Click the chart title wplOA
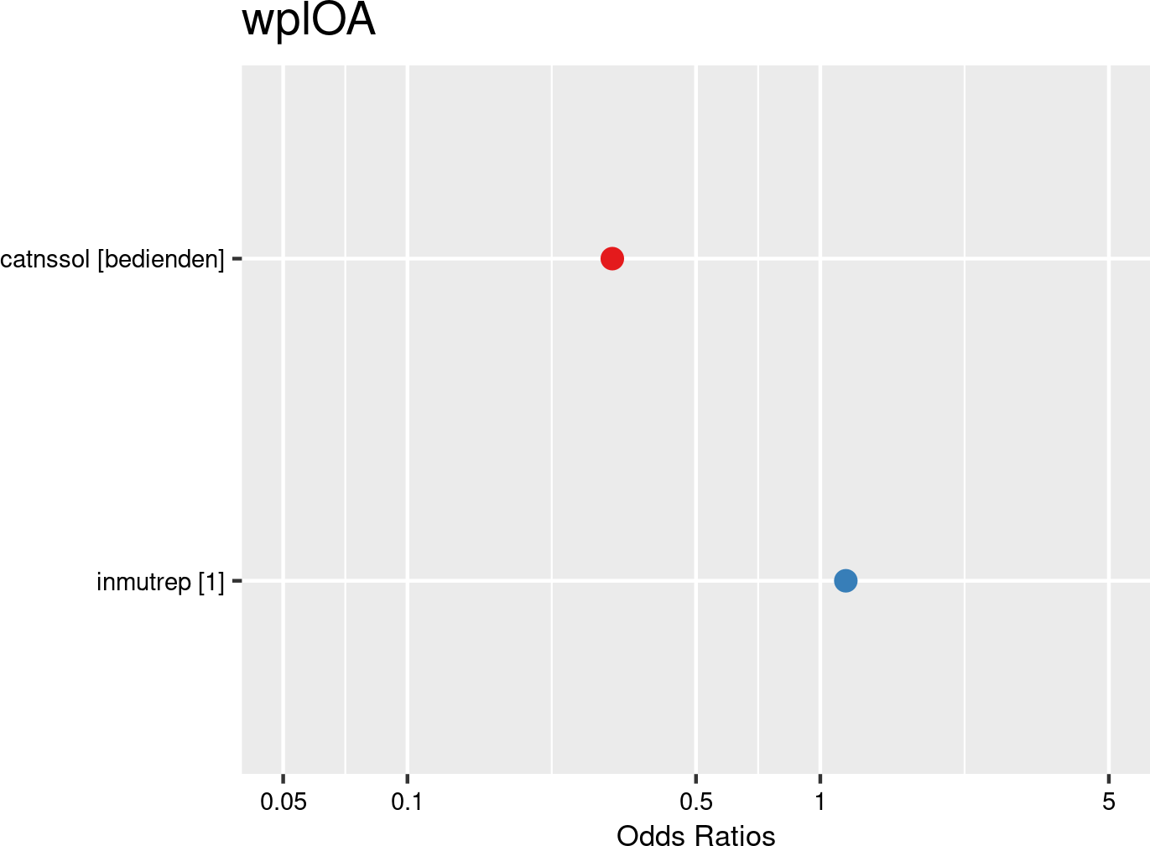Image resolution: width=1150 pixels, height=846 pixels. tap(308, 22)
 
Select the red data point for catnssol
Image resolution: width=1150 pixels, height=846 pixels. tap(612, 258)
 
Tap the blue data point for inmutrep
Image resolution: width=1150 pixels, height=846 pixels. tap(846, 580)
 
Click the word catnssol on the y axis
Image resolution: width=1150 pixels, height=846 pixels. tap(45, 259)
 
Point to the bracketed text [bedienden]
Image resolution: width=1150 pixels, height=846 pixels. tap(161, 259)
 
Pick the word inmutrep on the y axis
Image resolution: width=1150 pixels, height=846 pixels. tap(144, 581)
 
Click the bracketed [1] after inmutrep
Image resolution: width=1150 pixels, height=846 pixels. tap(211, 581)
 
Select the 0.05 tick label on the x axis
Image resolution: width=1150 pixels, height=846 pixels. tap(284, 802)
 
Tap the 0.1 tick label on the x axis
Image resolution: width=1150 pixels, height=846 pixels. tap(407, 802)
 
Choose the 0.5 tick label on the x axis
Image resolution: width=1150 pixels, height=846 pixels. tap(696, 802)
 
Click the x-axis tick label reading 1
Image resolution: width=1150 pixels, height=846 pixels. tap(820, 802)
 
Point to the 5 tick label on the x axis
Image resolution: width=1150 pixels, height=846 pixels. tap(1109, 802)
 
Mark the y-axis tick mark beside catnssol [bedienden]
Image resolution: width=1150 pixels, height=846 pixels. tap(237, 259)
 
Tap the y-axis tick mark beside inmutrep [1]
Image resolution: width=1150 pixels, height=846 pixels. tap(237, 580)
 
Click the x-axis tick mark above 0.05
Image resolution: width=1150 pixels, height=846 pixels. tap(284, 778)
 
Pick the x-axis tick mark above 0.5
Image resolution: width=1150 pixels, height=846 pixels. tap(696, 778)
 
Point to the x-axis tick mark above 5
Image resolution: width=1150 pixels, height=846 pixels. tap(1109, 778)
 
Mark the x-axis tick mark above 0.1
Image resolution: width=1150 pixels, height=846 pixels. tap(407, 778)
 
